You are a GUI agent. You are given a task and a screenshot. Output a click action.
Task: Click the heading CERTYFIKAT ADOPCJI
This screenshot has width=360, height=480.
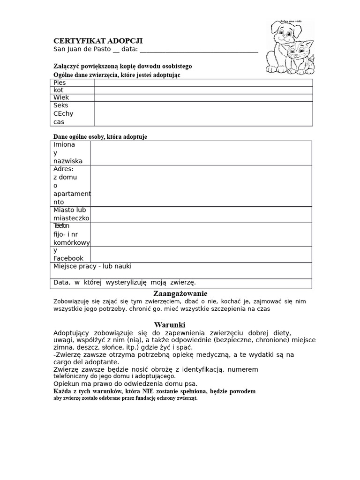[98, 41]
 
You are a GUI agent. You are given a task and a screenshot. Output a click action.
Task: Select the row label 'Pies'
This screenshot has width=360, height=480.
[60, 83]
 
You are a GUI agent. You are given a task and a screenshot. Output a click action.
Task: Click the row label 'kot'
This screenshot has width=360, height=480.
[59, 90]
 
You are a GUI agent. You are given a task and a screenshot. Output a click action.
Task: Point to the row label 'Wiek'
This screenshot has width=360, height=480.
[61, 97]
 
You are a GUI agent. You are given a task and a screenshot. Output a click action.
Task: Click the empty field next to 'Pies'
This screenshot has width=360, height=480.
[203, 83]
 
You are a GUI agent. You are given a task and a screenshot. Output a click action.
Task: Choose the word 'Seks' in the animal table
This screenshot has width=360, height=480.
[61, 105]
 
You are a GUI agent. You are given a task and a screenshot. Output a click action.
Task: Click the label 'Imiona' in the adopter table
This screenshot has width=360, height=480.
[64, 145]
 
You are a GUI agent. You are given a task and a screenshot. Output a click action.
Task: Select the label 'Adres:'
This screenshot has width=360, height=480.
[64, 169]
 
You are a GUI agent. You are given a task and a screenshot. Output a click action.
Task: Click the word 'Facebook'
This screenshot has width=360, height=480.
[68, 258]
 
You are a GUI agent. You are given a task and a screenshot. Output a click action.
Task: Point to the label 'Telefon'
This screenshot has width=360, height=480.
[61, 226]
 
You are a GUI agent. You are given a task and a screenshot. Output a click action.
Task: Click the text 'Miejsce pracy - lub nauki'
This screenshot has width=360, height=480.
[92, 266]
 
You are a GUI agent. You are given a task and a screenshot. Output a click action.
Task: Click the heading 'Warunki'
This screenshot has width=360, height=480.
[170, 324]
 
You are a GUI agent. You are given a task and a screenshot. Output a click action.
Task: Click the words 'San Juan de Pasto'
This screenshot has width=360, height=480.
[82, 49]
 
